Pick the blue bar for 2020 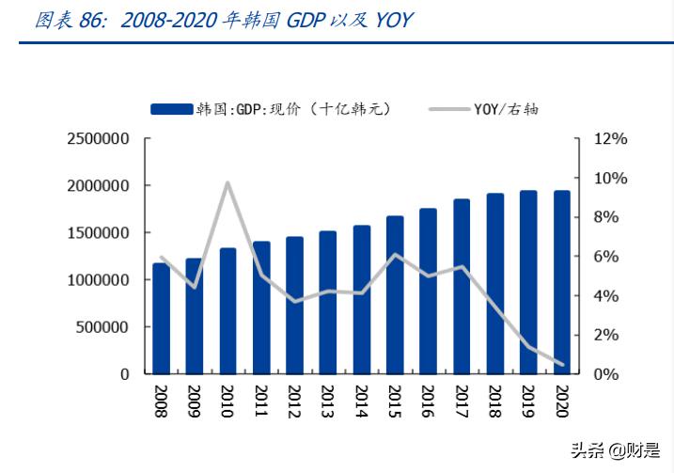(x=561, y=282)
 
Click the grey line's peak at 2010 (x=228, y=182)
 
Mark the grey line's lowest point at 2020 (x=561, y=365)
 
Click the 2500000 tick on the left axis (x=98, y=139)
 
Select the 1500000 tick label (x=98, y=233)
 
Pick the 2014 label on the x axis (x=361, y=402)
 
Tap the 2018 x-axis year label (x=494, y=402)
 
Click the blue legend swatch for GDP (x=170, y=109)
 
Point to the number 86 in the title (x=92, y=20)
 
